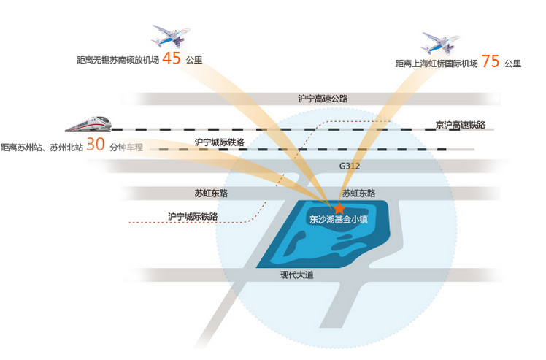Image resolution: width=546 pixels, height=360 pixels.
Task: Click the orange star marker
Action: (339, 208)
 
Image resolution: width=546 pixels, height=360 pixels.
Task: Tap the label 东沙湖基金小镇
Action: (339, 220)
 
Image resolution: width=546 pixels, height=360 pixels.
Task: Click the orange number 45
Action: (172, 58)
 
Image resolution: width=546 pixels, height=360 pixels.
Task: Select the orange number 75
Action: (491, 61)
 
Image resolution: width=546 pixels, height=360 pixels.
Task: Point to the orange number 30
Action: (96, 144)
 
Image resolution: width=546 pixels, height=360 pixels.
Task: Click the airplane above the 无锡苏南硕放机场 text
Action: (171, 36)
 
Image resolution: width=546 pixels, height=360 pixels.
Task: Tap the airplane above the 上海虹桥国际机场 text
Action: (440, 44)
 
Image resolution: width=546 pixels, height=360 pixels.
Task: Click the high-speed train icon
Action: (88, 124)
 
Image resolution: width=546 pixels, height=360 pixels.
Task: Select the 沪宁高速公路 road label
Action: (323, 99)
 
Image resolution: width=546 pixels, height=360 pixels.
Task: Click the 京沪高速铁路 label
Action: (461, 125)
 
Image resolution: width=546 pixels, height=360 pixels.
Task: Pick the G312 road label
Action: (350, 166)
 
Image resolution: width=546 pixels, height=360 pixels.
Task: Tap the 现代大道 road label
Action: (297, 275)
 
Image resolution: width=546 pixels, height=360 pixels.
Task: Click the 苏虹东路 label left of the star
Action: (212, 193)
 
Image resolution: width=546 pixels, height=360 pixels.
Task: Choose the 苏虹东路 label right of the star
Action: (358, 193)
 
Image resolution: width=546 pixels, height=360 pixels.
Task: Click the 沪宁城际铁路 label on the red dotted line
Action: (193, 216)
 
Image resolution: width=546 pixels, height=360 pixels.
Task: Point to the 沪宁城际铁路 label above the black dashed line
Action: (220, 142)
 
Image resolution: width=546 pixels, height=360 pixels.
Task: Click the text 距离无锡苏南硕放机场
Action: (118, 60)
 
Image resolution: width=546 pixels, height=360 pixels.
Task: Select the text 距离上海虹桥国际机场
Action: (437, 64)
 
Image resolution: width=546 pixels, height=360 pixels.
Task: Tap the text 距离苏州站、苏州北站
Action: (42, 148)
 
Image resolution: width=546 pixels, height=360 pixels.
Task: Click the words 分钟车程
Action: (126, 148)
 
